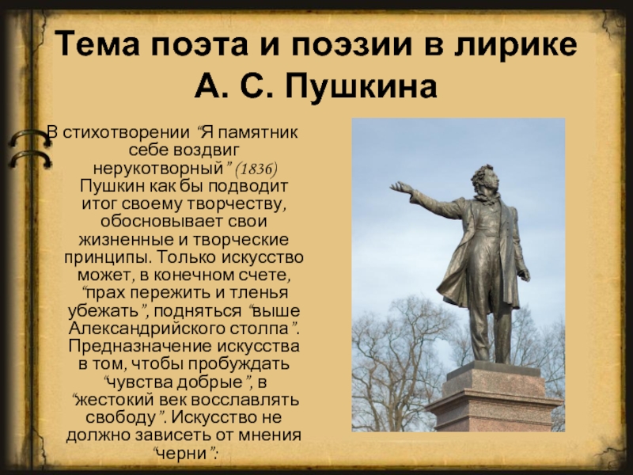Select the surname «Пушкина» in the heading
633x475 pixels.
click(x=362, y=86)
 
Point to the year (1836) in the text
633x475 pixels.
click(x=256, y=169)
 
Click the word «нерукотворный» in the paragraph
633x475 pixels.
click(x=158, y=168)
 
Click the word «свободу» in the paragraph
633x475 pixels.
click(x=120, y=417)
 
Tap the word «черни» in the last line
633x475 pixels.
click(x=181, y=453)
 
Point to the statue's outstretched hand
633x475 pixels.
click(x=400, y=188)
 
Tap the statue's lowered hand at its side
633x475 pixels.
click(x=525, y=275)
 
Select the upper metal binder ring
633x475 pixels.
click(x=29, y=138)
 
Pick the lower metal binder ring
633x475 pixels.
click(x=30, y=159)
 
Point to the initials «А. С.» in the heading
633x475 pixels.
click(x=236, y=86)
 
